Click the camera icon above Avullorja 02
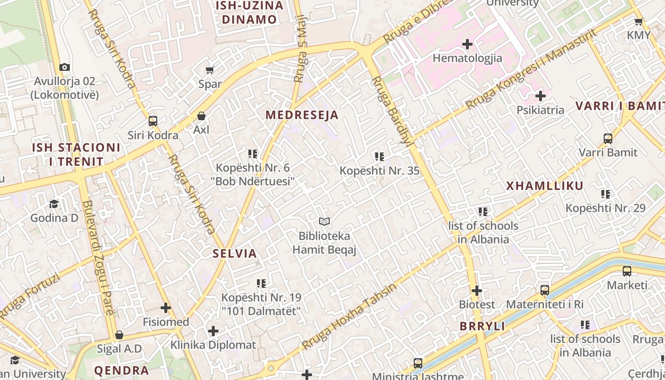click(65, 67)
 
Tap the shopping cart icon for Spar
click(209, 70)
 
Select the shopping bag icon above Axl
click(201, 116)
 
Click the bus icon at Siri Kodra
click(153, 121)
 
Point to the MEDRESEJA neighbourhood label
click(302, 115)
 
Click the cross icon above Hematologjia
click(467, 44)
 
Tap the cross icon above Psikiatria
click(540, 96)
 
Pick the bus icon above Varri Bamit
click(608, 139)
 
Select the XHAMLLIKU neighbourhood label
click(544, 186)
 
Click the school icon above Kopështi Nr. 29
click(606, 194)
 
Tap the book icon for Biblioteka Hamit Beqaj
click(324, 221)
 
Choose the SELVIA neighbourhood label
click(235, 253)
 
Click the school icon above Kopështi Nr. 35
click(379, 156)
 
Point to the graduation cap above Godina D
click(54, 204)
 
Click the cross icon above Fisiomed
click(166, 308)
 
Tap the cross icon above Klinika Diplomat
click(213, 331)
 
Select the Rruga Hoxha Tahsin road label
click(350, 316)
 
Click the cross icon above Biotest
click(477, 290)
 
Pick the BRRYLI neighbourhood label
click(482, 326)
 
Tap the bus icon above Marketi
click(627, 271)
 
